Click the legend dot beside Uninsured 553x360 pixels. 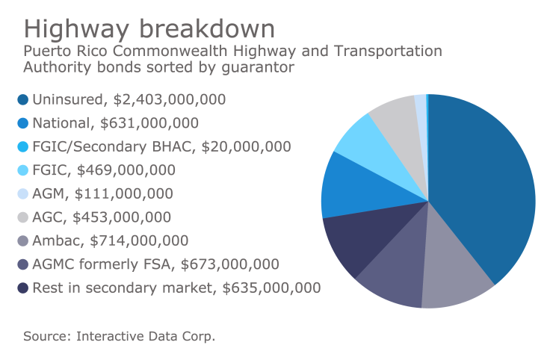coord(22,99)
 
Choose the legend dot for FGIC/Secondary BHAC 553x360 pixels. coord(22,147)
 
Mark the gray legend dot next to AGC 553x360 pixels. coord(22,218)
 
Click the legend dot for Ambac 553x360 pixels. coord(22,242)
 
